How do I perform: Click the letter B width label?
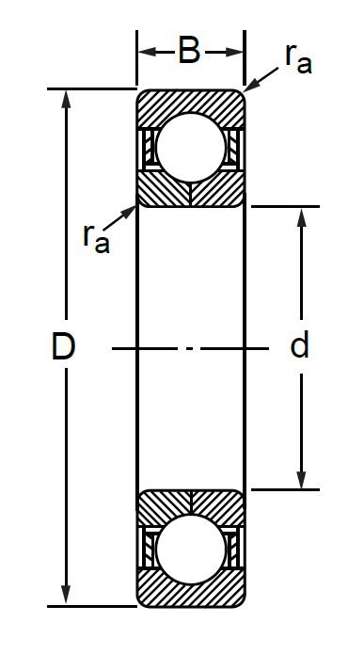coord(189,52)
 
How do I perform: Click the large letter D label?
coord(63,345)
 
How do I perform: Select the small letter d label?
coord(299,344)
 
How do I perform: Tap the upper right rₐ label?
coord(298,59)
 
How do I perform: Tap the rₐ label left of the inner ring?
coord(96,239)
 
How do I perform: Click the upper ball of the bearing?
coord(191,148)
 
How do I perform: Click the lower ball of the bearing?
coord(191,549)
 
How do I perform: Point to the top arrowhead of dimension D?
coord(66,99)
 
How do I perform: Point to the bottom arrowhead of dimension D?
coord(66,596)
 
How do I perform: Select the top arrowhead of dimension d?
coord(301,216)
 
